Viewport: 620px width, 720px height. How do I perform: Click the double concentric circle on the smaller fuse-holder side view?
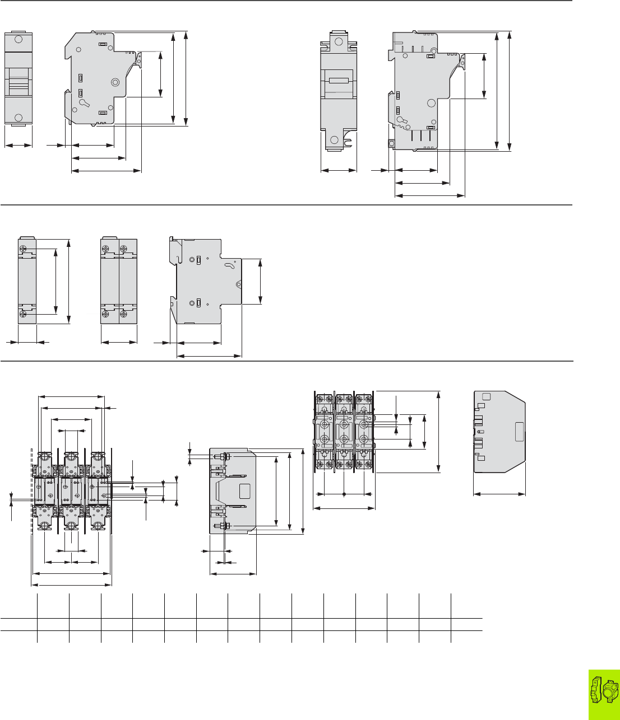point(115,82)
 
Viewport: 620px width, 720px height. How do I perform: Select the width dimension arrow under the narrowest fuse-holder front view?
point(18,146)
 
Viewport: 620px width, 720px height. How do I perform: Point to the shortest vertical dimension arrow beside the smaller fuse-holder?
point(161,74)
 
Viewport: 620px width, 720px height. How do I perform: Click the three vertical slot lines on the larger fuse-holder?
point(420,137)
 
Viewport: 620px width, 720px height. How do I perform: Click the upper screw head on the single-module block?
point(24,248)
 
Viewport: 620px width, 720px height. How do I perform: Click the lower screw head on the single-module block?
point(24,315)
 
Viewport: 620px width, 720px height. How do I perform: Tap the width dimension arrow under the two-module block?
point(119,341)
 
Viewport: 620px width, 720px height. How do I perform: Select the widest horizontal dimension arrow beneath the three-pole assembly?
point(72,585)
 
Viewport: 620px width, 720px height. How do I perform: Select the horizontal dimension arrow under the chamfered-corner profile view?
point(499,494)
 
